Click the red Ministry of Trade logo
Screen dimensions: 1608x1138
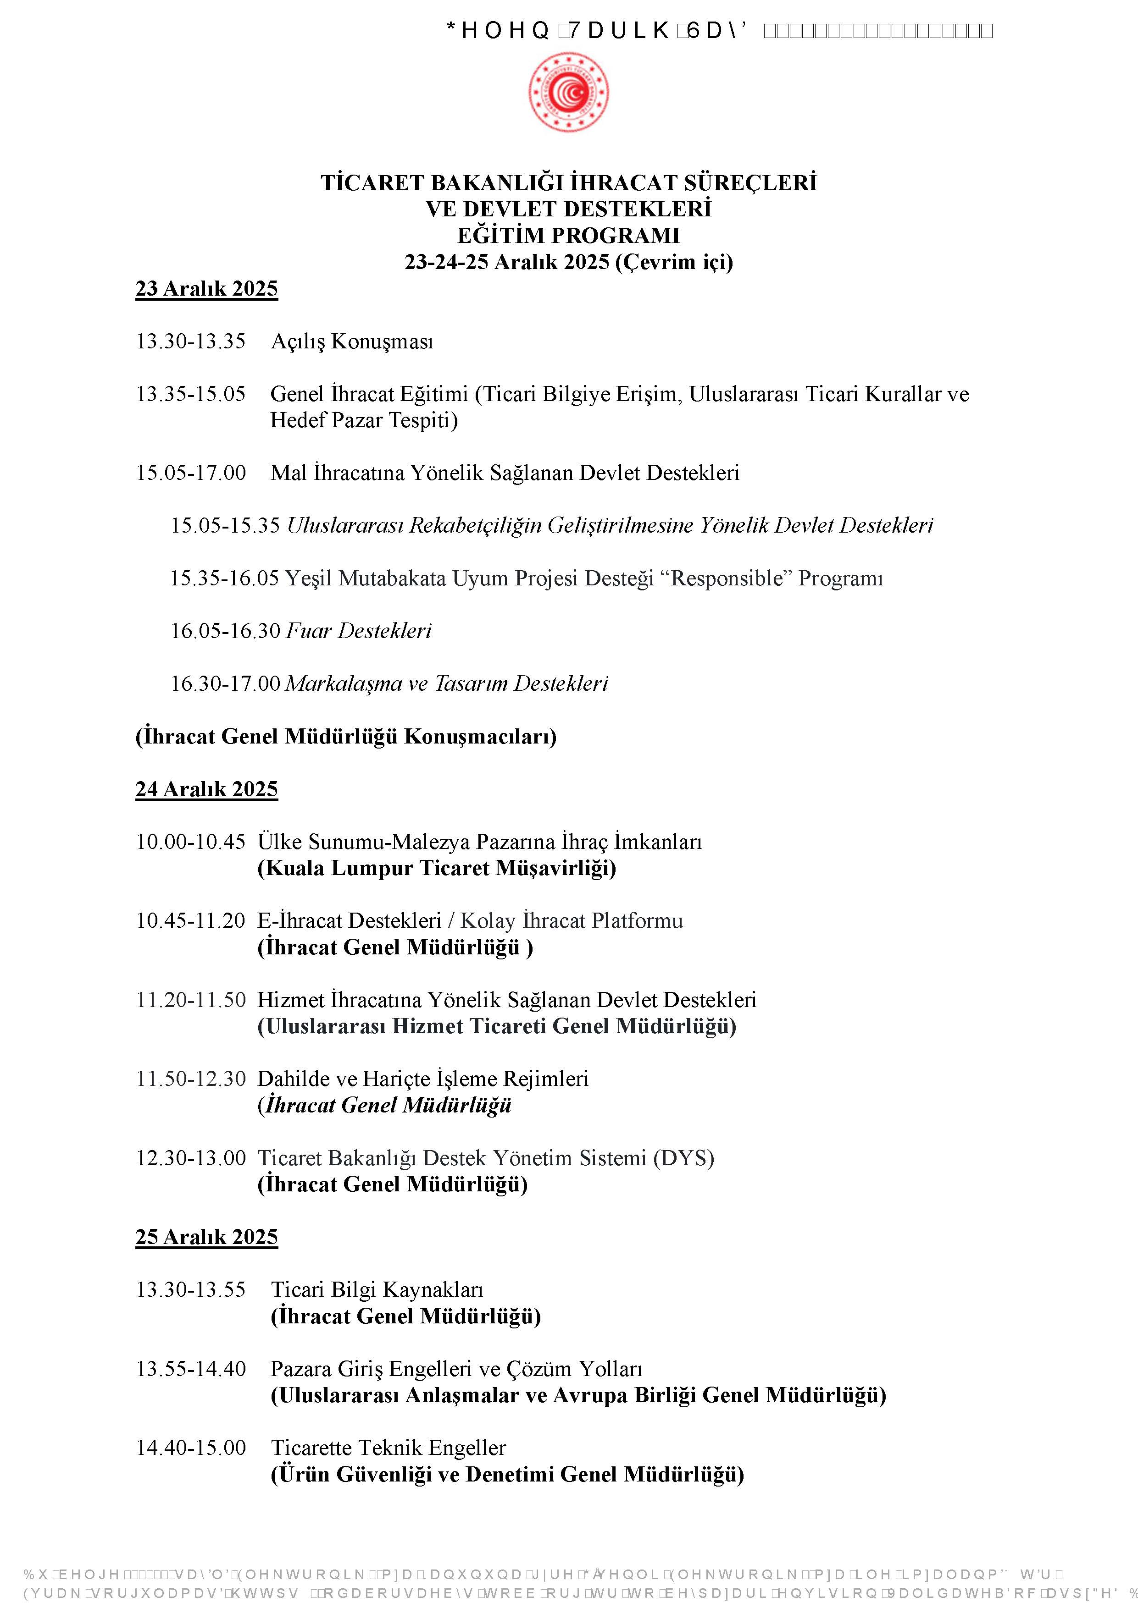pos(568,92)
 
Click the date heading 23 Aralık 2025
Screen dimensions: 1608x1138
pos(207,289)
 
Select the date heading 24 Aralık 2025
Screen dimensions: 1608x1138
pos(207,789)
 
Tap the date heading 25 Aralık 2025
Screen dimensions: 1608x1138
pos(207,1237)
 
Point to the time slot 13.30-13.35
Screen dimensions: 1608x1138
pos(191,342)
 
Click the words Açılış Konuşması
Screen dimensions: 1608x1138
pos(352,342)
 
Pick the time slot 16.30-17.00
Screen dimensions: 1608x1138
pos(226,683)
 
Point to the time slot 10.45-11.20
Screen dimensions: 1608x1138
pos(191,921)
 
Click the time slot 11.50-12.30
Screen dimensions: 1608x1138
pos(191,1079)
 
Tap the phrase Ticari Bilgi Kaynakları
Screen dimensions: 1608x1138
pos(377,1290)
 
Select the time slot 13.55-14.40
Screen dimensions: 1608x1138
pos(191,1369)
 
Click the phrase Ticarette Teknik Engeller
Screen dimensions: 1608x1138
pos(388,1448)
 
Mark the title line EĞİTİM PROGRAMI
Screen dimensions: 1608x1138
pos(568,235)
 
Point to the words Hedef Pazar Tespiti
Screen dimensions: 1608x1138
pos(364,421)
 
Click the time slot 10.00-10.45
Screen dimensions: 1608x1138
pos(191,842)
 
